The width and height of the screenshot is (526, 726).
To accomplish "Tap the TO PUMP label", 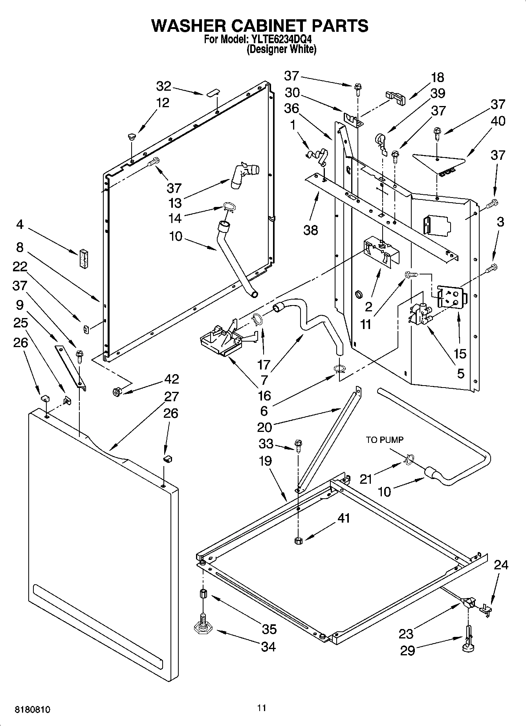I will tap(385, 440).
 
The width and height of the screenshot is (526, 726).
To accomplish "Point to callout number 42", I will tap(172, 379).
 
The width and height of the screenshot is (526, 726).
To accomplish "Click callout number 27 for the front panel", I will tap(171, 397).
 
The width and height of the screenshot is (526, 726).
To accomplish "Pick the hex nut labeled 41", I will tap(297, 541).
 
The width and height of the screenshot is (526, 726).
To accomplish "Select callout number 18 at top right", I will tap(437, 78).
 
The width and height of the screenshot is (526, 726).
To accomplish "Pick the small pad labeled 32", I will tap(212, 93).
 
